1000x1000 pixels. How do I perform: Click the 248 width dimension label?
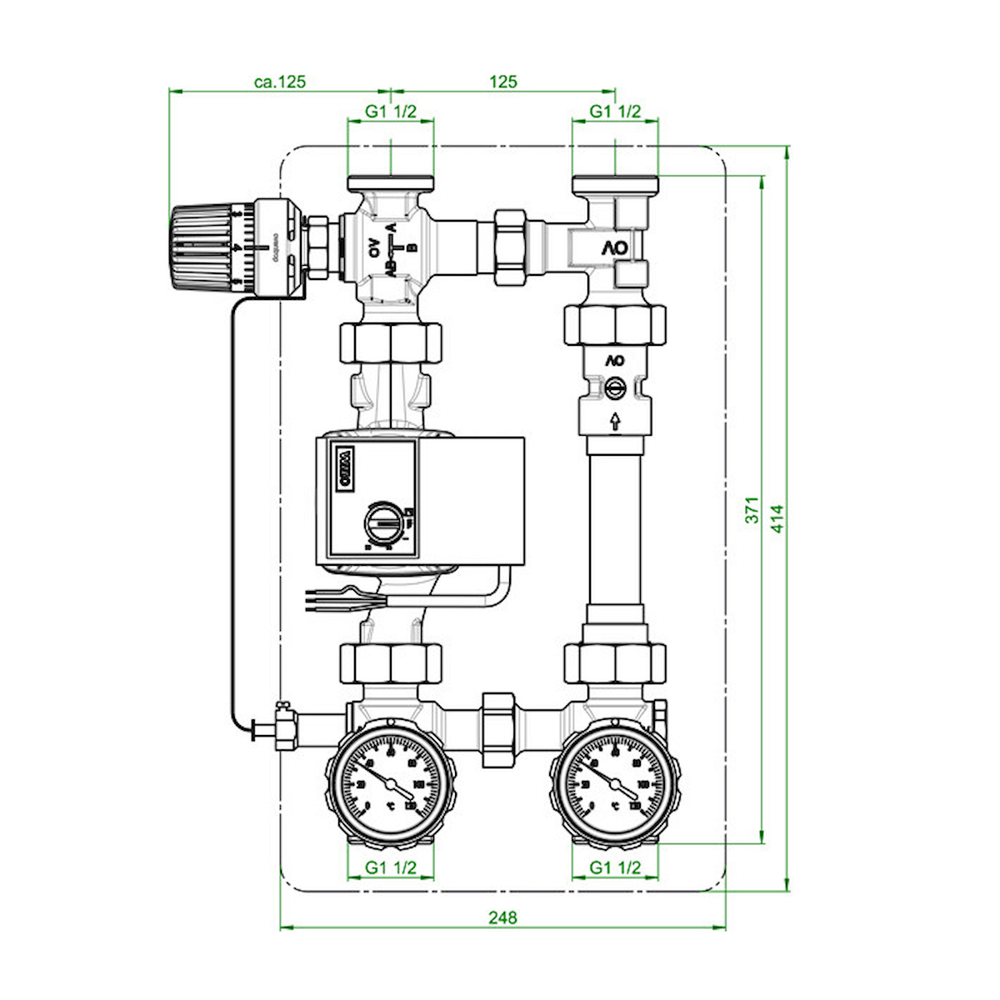(x=502, y=917)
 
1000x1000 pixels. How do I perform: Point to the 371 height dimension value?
(x=752, y=510)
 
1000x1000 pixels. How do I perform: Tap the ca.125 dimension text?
(x=280, y=82)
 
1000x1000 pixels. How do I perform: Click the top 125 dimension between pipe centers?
(x=502, y=82)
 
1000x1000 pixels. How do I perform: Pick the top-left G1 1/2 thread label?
(x=390, y=112)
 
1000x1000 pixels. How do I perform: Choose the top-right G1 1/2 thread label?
(x=615, y=112)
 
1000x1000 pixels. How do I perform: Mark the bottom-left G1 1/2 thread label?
(x=390, y=867)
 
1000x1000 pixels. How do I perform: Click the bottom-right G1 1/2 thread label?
(x=615, y=867)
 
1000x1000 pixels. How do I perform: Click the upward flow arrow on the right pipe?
(x=615, y=422)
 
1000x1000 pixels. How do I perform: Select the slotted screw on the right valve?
(x=615, y=388)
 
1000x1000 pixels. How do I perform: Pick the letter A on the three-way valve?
(x=392, y=227)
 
